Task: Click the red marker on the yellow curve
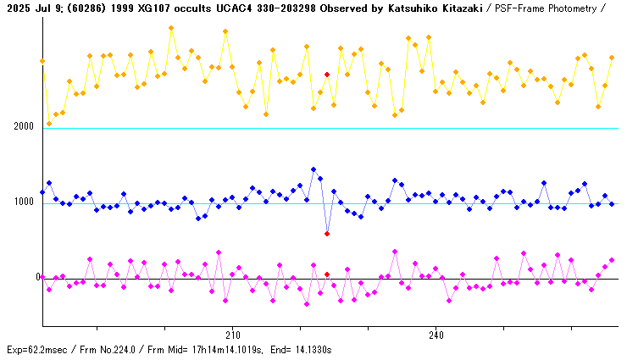click(x=327, y=75)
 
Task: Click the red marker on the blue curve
click(x=327, y=234)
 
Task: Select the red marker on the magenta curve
click(x=327, y=274)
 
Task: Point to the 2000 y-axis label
click(x=23, y=126)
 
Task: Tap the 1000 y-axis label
click(x=23, y=202)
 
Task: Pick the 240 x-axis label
click(x=436, y=334)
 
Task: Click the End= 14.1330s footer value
click(x=306, y=349)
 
